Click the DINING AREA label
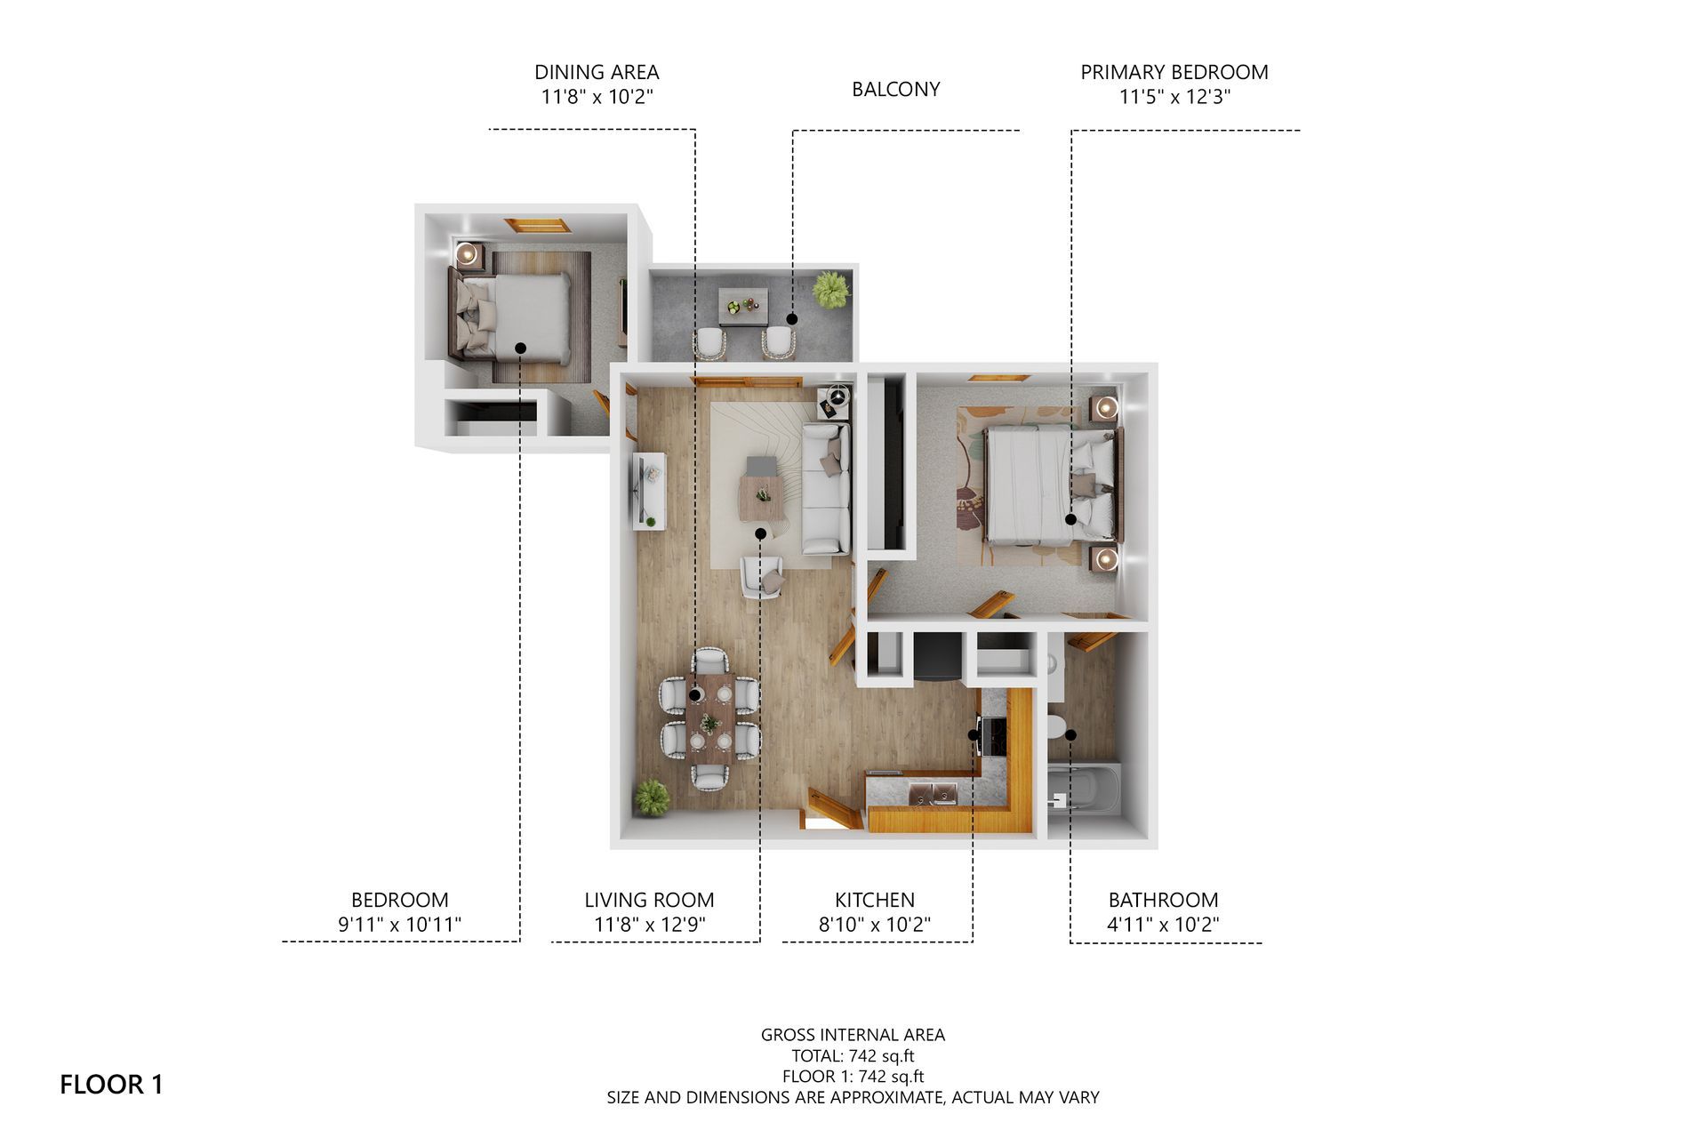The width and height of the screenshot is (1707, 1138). point(597,72)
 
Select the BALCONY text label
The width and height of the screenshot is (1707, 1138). point(895,89)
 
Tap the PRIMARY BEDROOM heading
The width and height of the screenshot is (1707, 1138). point(1174,72)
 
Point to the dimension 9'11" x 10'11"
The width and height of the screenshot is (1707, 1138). point(399,925)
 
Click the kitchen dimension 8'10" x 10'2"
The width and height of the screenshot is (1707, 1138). point(874,925)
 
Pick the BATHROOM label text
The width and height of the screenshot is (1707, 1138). point(1163,900)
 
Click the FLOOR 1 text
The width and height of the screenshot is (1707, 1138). point(111,1085)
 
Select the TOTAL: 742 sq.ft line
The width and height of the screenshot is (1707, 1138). point(853,1056)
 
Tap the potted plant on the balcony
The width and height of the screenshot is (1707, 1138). point(830,290)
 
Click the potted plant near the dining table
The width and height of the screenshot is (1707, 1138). point(652,797)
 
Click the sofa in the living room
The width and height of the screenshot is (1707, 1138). point(826,489)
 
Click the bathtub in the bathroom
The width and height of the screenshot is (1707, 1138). point(1086,790)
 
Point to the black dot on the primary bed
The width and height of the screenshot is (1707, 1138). point(1071,519)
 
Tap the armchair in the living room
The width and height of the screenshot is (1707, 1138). point(763,576)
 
